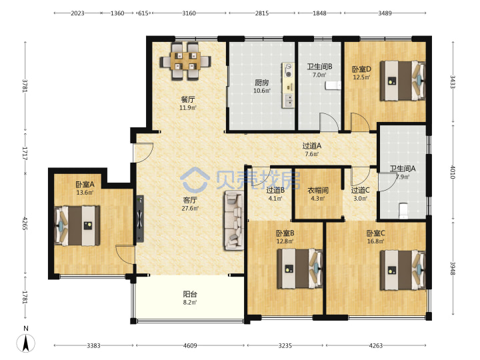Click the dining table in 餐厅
(185, 61)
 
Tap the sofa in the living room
(235, 221)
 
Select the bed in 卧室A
(77, 225)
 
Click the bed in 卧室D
(403, 81)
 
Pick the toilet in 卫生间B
(333, 86)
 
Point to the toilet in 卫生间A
(404, 211)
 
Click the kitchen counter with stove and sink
(288, 85)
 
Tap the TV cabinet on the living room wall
(139, 219)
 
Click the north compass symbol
(26, 341)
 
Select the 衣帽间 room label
(318, 191)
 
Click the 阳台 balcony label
(190, 294)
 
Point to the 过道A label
(311, 146)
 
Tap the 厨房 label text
(262, 83)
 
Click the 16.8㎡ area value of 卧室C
(375, 241)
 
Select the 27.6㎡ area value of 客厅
(190, 209)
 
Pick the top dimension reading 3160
(189, 13)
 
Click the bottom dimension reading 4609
(190, 345)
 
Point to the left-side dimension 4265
(25, 224)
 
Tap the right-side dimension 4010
(453, 172)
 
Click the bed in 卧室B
(300, 269)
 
